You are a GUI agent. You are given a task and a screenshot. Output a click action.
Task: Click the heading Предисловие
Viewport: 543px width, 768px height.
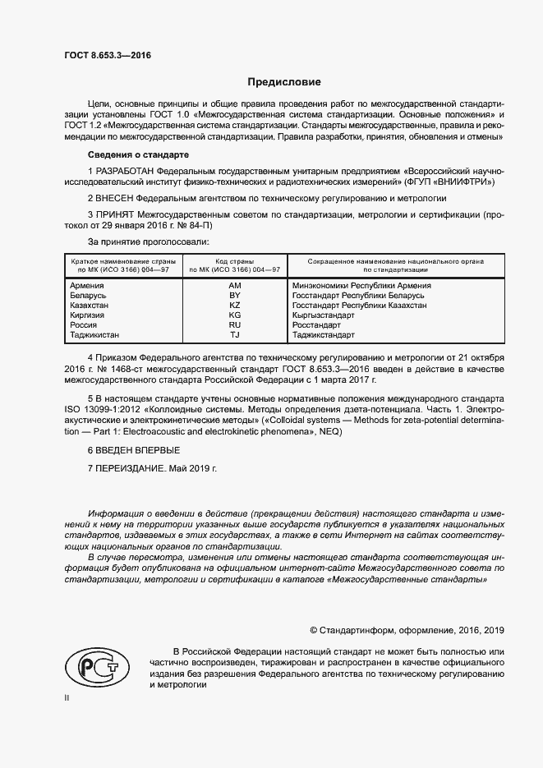coord(284,82)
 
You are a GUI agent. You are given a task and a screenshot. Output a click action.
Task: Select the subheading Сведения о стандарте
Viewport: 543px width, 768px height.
coord(139,154)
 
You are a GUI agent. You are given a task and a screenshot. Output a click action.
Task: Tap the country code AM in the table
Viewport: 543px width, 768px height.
coord(235,285)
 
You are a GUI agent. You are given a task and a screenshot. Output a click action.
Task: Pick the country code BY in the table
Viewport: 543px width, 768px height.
coord(235,295)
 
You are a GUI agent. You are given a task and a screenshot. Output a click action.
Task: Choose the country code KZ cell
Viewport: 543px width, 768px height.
coord(235,305)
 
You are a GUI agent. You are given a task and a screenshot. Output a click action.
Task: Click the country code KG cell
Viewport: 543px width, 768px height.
coord(235,315)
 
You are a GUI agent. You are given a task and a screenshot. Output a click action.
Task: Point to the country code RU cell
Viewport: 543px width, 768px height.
coord(235,324)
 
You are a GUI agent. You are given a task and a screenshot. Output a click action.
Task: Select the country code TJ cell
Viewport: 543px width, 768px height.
coord(235,334)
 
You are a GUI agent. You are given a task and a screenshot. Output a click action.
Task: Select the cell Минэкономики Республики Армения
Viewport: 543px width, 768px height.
coord(361,285)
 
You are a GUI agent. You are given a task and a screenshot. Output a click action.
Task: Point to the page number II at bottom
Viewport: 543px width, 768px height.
coord(67,698)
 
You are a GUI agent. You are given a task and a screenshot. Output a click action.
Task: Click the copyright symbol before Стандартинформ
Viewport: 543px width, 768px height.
coord(314,630)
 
